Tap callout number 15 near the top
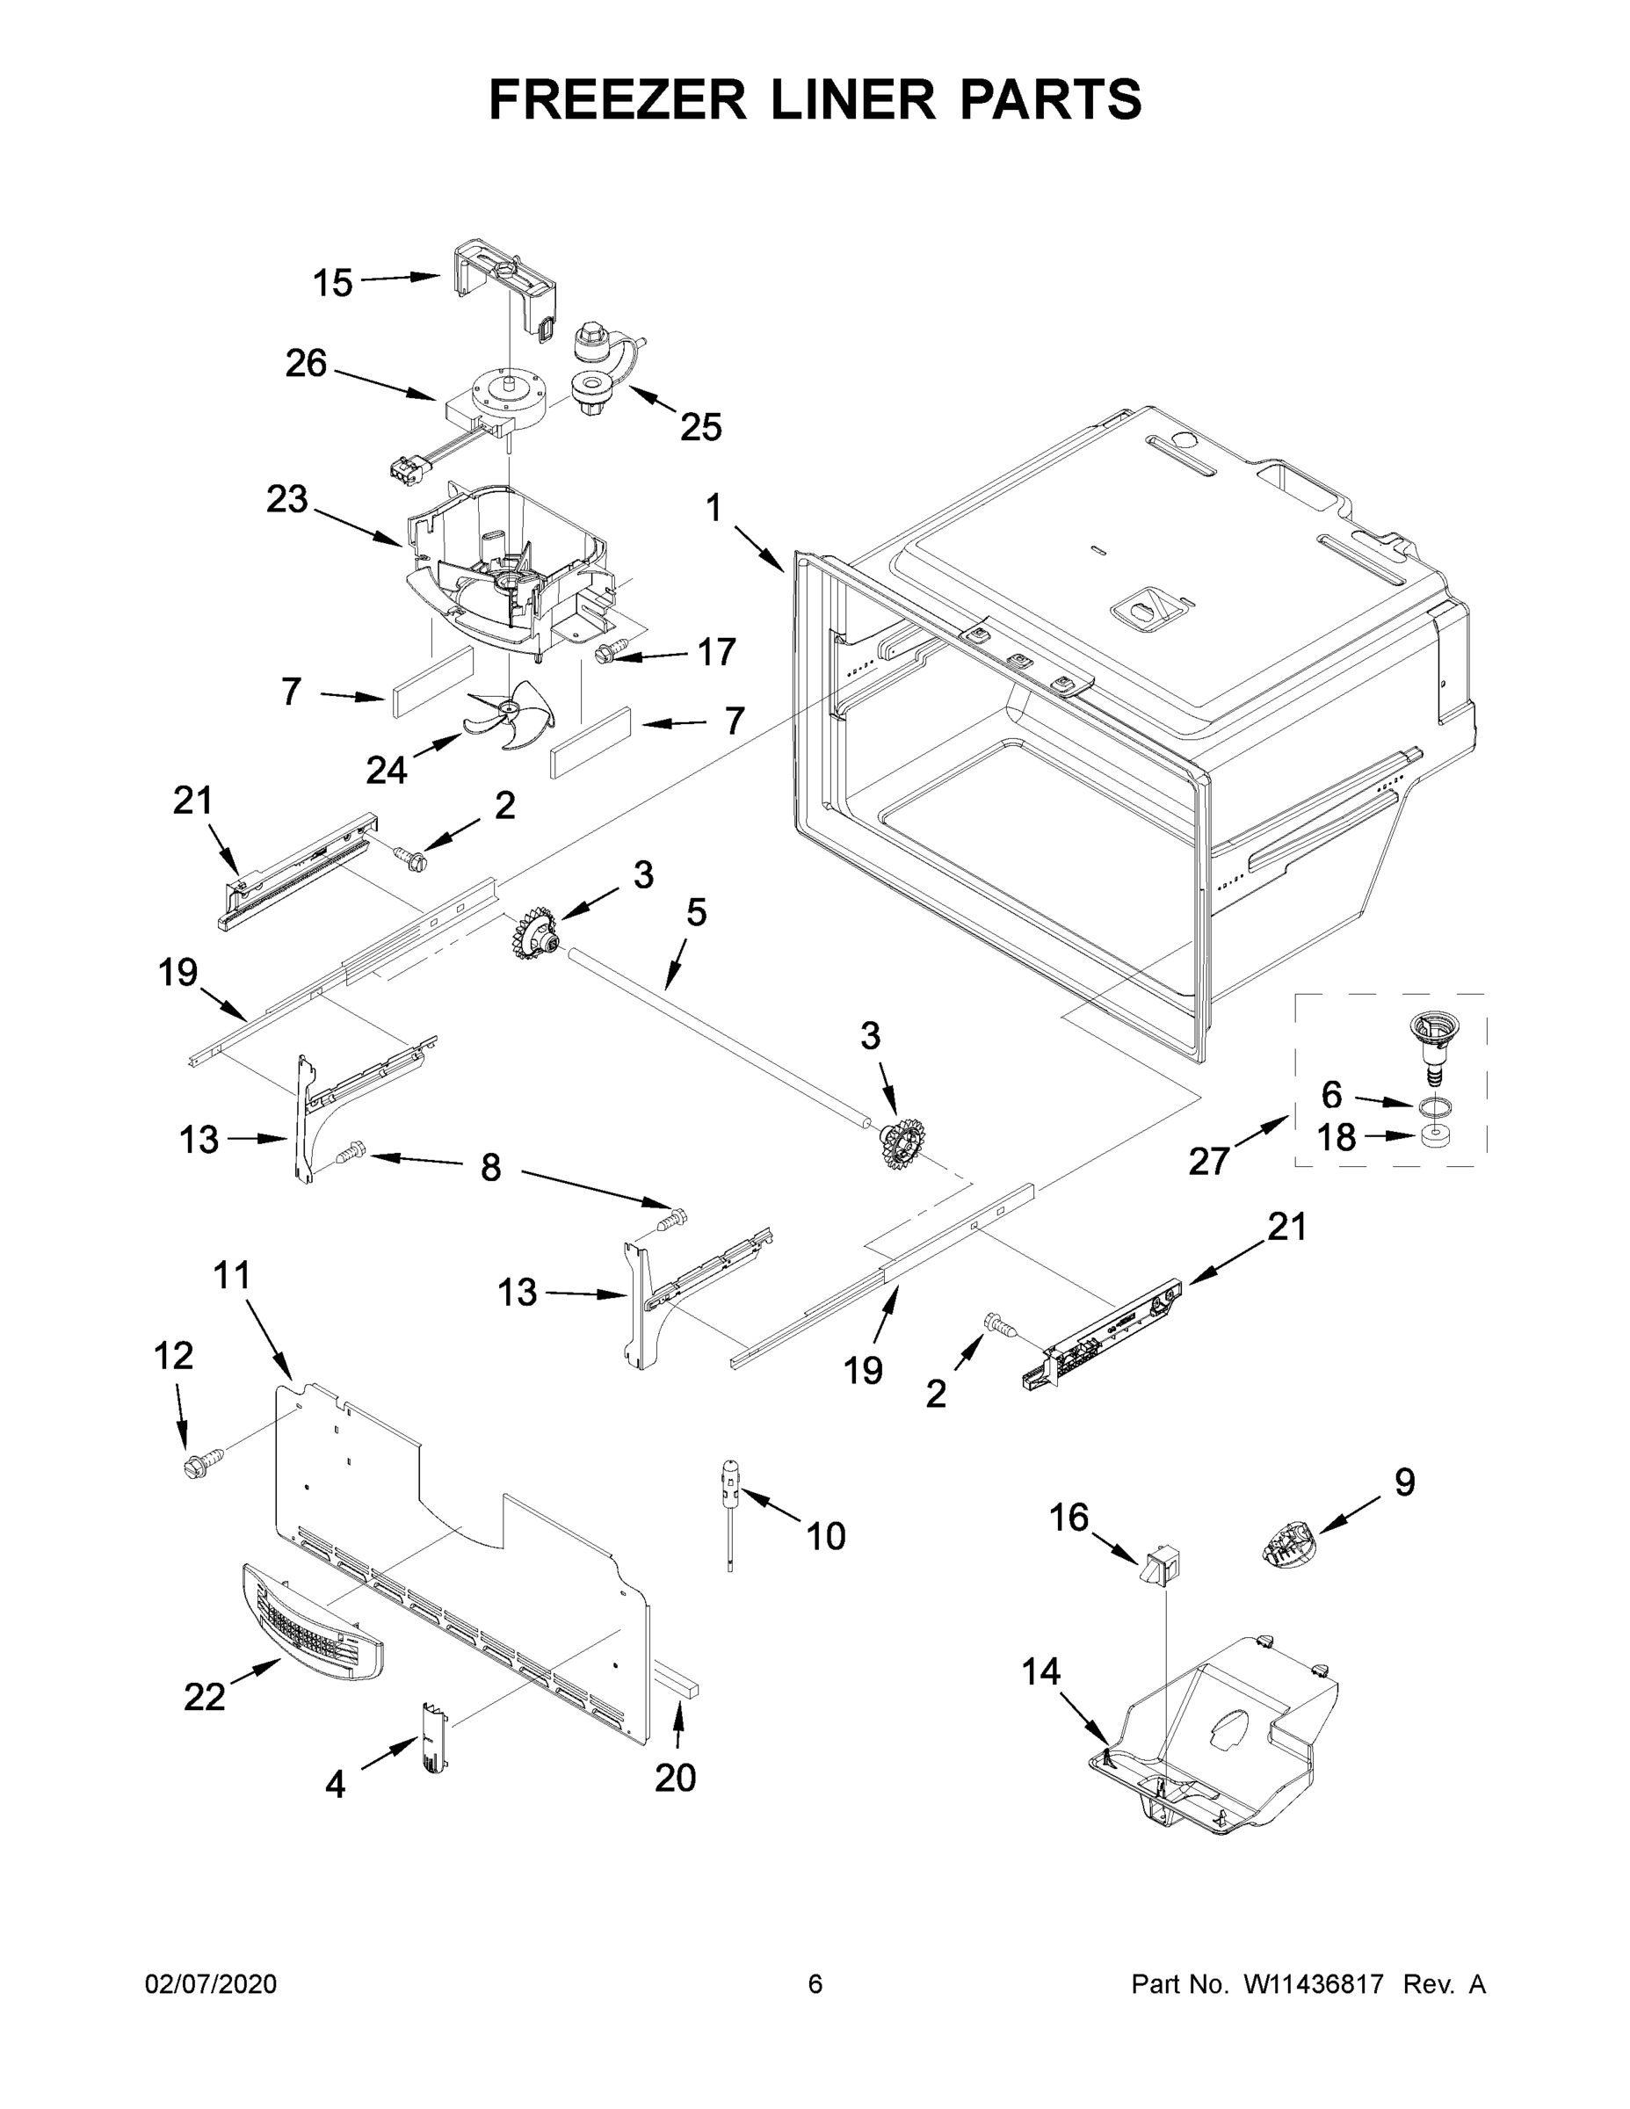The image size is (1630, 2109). point(332,283)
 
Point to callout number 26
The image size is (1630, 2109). point(306,364)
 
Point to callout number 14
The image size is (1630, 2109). point(1041,1671)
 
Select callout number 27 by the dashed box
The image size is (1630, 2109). point(1208,1161)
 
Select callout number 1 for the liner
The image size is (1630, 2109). point(714,507)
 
